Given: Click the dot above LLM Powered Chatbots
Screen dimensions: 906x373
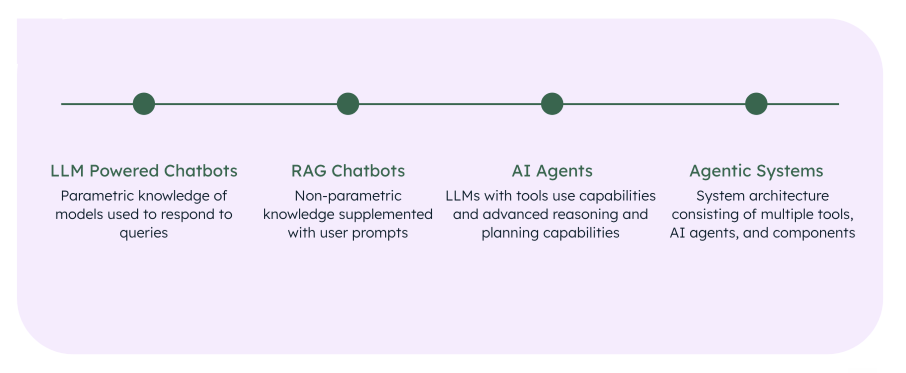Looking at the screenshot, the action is pos(144,104).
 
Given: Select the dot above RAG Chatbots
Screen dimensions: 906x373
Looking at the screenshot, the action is pos(348,104).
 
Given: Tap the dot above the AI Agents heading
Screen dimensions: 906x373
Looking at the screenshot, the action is pos(552,104).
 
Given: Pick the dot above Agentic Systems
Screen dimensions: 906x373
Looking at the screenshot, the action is pos(757,104).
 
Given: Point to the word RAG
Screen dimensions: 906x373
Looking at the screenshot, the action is pos(309,171).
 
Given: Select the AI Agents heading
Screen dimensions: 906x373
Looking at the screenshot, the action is pos(552,171).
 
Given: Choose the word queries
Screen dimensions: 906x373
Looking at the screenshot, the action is pos(144,233).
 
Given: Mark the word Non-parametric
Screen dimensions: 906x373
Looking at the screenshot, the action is pos(348,196).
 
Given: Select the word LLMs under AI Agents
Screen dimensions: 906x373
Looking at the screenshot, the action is pos(463,196).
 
